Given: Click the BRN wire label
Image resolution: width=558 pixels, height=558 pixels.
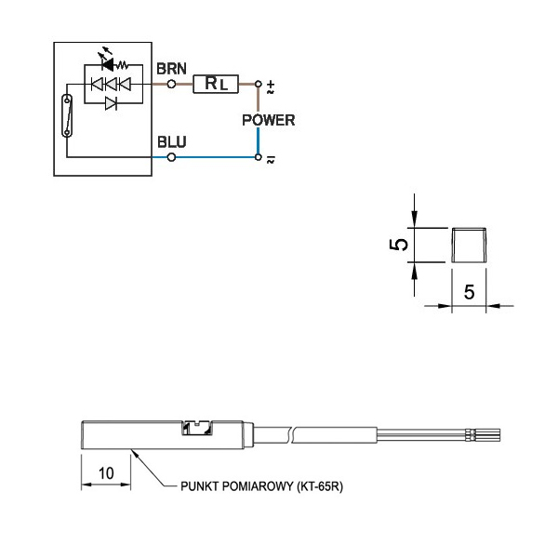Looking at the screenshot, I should (171, 68).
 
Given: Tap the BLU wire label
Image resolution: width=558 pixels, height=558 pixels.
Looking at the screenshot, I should (171, 142).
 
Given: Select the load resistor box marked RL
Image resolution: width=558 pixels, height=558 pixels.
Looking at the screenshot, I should (216, 84).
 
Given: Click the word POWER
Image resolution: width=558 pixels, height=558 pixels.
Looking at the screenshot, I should (268, 120).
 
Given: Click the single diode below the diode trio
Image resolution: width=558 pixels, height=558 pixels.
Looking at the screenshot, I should (111, 102).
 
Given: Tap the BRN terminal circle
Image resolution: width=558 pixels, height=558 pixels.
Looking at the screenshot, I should (171, 84).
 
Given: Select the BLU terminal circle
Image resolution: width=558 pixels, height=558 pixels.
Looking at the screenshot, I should (171, 158).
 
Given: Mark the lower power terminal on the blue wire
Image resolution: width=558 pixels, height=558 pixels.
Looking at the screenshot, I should (259, 158).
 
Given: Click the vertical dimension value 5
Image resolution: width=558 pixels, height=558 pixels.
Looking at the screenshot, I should (399, 245).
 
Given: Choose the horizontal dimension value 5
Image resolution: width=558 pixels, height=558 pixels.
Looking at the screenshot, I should (469, 291).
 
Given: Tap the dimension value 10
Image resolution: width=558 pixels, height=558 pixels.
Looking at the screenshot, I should (106, 472).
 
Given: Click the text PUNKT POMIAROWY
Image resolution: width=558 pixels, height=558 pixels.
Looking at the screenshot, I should (236, 485).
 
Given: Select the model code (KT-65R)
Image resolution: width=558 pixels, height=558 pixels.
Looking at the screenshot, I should (316, 485).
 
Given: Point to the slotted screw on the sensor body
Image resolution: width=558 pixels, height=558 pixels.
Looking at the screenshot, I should (196, 428).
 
